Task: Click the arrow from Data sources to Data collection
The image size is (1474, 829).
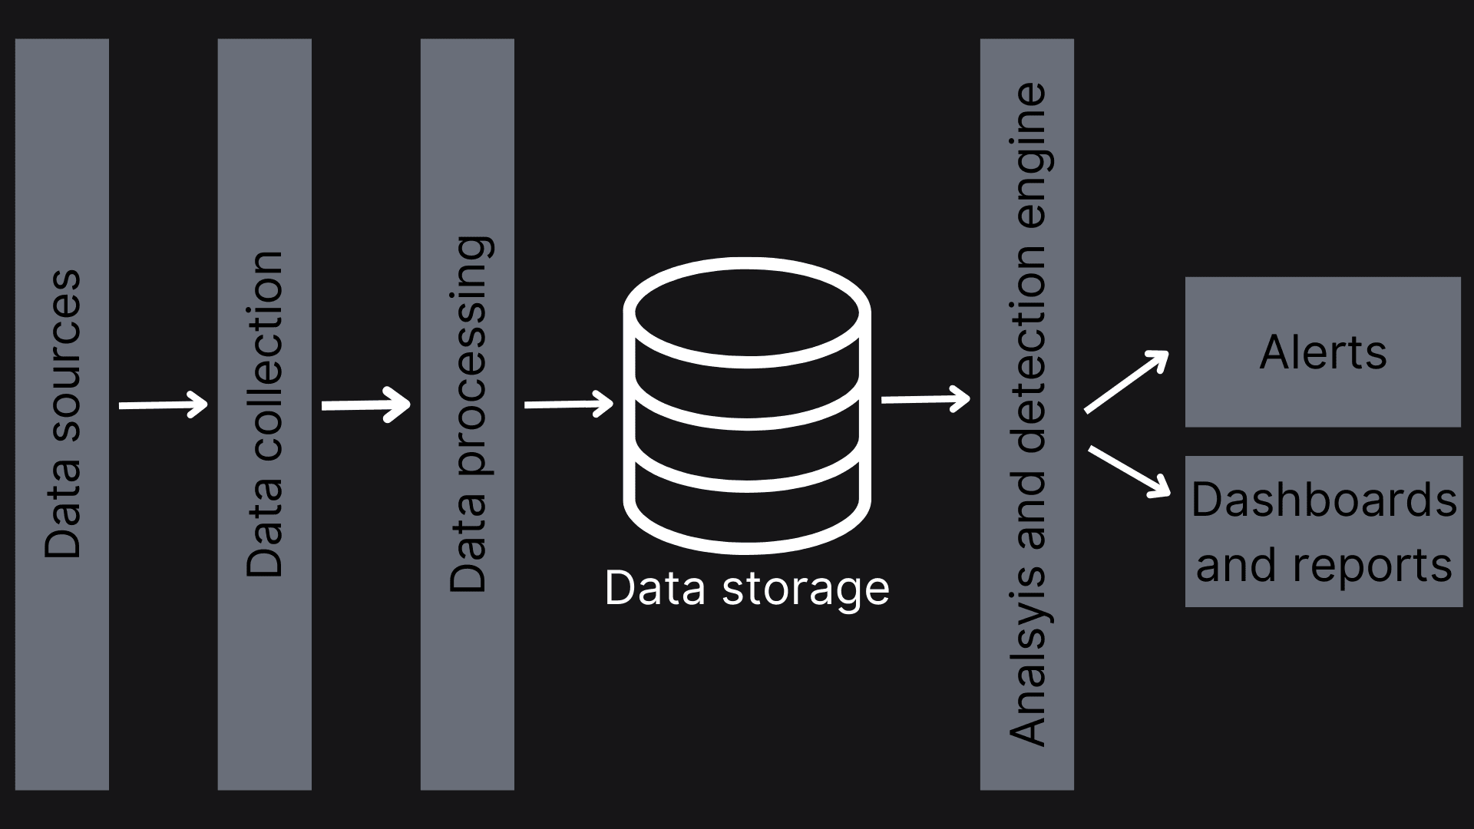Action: click(163, 405)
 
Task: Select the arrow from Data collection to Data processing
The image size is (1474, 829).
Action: click(365, 405)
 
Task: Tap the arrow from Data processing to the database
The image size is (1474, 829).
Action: click(568, 404)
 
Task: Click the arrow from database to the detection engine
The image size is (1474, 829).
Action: click(925, 399)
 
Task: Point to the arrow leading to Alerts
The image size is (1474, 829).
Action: click(1126, 381)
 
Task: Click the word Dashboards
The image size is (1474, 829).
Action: click(1324, 500)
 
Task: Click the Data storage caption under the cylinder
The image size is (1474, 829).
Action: click(746, 589)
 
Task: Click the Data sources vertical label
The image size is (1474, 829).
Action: click(62, 413)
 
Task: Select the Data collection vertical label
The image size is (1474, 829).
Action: click(265, 413)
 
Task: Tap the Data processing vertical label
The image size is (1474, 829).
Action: click(468, 414)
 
